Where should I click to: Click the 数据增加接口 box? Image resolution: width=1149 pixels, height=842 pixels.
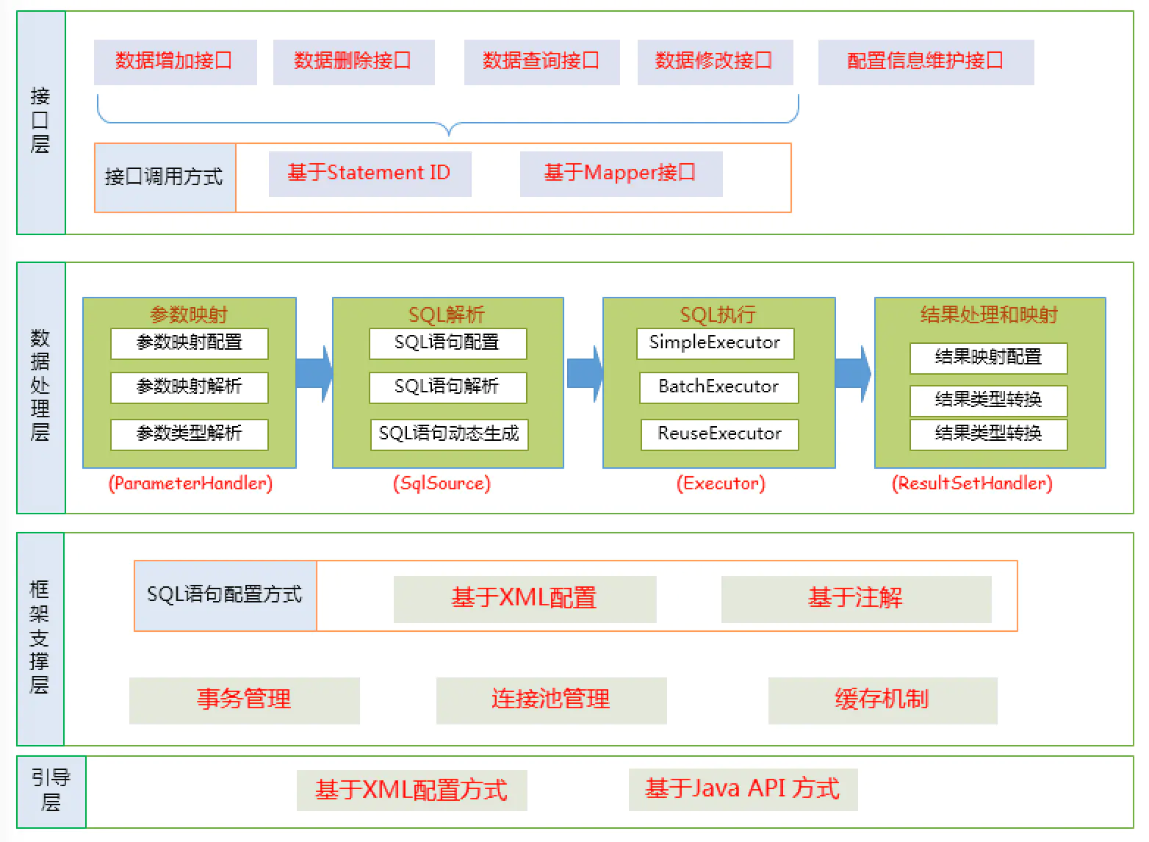[x=175, y=62]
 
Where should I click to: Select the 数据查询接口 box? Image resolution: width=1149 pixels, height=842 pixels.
[x=541, y=62]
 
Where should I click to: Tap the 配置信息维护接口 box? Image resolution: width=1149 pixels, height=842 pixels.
[x=926, y=62]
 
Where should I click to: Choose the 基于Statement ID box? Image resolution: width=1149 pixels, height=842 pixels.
[x=370, y=173]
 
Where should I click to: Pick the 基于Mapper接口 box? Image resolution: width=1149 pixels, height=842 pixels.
[x=621, y=173]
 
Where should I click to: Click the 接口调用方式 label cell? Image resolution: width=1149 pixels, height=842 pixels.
[x=165, y=178]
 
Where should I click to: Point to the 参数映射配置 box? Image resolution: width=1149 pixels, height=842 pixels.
[x=190, y=343]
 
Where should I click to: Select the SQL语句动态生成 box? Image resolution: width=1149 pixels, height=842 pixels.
[x=449, y=434]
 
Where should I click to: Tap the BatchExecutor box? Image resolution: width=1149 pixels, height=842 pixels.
[x=718, y=387]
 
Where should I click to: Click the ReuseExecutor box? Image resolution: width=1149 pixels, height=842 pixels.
[x=719, y=434]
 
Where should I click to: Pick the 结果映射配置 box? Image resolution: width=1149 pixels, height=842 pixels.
[x=988, y=358]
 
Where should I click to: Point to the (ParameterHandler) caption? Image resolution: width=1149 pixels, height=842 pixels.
[x=190, y=483]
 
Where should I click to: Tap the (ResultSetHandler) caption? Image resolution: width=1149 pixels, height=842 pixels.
[x=972, y=483]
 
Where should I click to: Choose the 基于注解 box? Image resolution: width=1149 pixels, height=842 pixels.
[x=856, y=599]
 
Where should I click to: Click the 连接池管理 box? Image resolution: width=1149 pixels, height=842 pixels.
[x=551, y=700]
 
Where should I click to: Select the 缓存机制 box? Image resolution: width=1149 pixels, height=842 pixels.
[x=882, y=700]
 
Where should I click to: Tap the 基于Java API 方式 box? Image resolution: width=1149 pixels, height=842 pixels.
[x=743, y=790]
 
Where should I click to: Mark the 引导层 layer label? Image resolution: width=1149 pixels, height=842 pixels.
[x=51, y=791]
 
